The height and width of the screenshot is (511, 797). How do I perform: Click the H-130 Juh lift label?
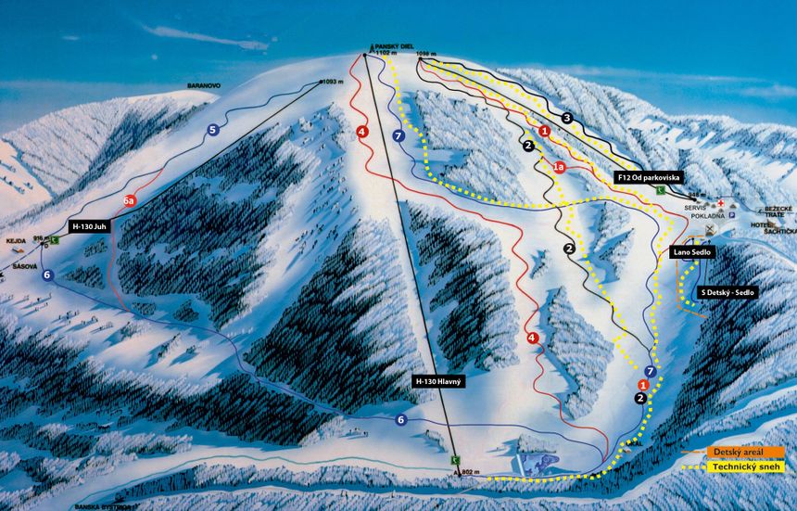click(x=88, y=225)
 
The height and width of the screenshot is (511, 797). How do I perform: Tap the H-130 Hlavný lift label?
click(x=439, y=380)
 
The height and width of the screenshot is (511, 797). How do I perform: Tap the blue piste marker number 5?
click(x=213, y=131)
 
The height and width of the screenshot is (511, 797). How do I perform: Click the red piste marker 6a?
click(x=131, y=200)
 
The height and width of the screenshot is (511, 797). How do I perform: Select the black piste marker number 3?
click(x=567, y=118)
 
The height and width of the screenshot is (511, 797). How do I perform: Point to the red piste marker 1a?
click(x=558, y=167)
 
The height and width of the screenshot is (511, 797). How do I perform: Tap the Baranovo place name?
click(x=202, y=85)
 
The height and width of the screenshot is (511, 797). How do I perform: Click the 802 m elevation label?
click(x=472, y=473)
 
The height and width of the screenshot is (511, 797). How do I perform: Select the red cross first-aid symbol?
click(x=719, y=199)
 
